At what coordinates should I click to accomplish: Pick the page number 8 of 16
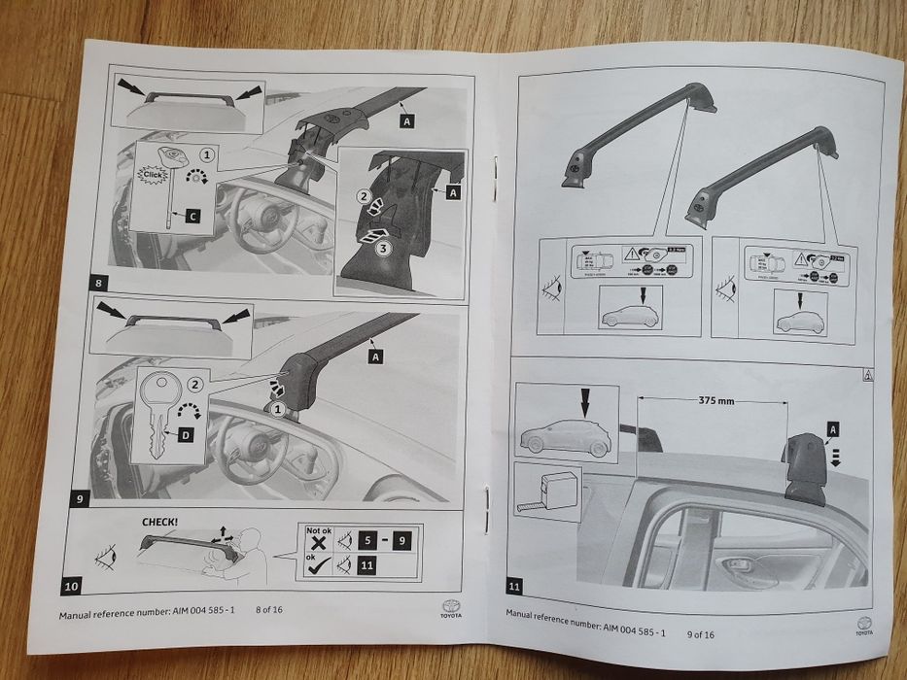tap(275, 610)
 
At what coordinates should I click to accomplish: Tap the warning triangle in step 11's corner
tap(865, 375)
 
